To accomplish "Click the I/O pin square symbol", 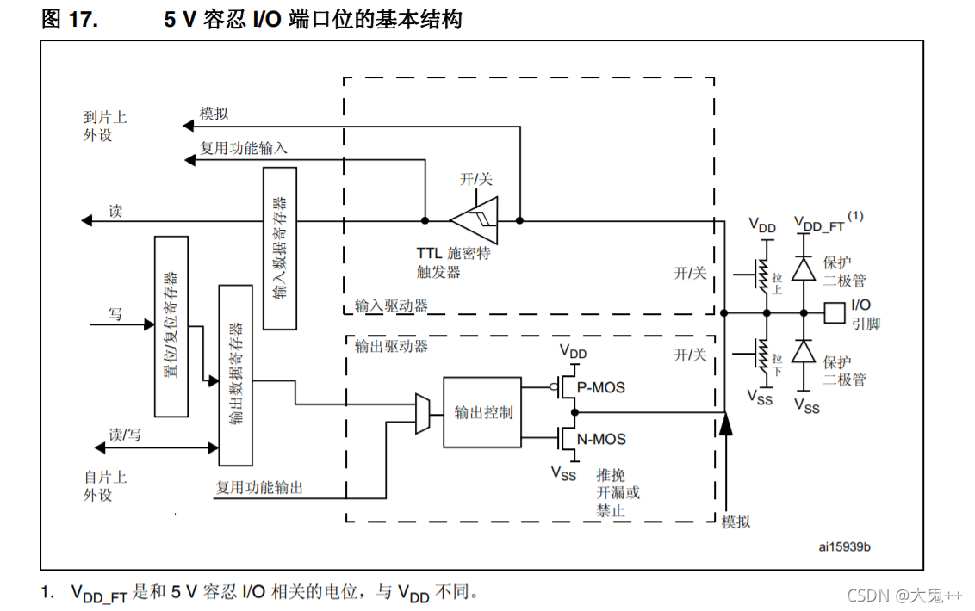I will pos(834,312).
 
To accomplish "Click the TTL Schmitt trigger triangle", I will pos(473,220).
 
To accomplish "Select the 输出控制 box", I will pos(482,412).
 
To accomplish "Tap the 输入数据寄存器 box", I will pos(279,248).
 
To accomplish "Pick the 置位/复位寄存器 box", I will pos(171,326).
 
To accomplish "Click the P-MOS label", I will pos(601,388).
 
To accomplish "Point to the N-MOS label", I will pos(601,440).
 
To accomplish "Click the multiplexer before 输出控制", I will pos(423,414).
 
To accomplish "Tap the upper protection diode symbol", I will pos(804,268).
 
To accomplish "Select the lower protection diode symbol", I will pos(804,352).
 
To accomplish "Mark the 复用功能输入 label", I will pos(244,148).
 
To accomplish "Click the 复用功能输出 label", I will pos(259,488).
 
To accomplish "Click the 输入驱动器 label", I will pos(391,305).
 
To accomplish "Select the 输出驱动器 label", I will pos(391,347).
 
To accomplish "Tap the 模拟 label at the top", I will pos(214,114).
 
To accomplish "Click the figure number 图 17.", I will pos(70,19).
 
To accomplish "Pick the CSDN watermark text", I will pos(904,596).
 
